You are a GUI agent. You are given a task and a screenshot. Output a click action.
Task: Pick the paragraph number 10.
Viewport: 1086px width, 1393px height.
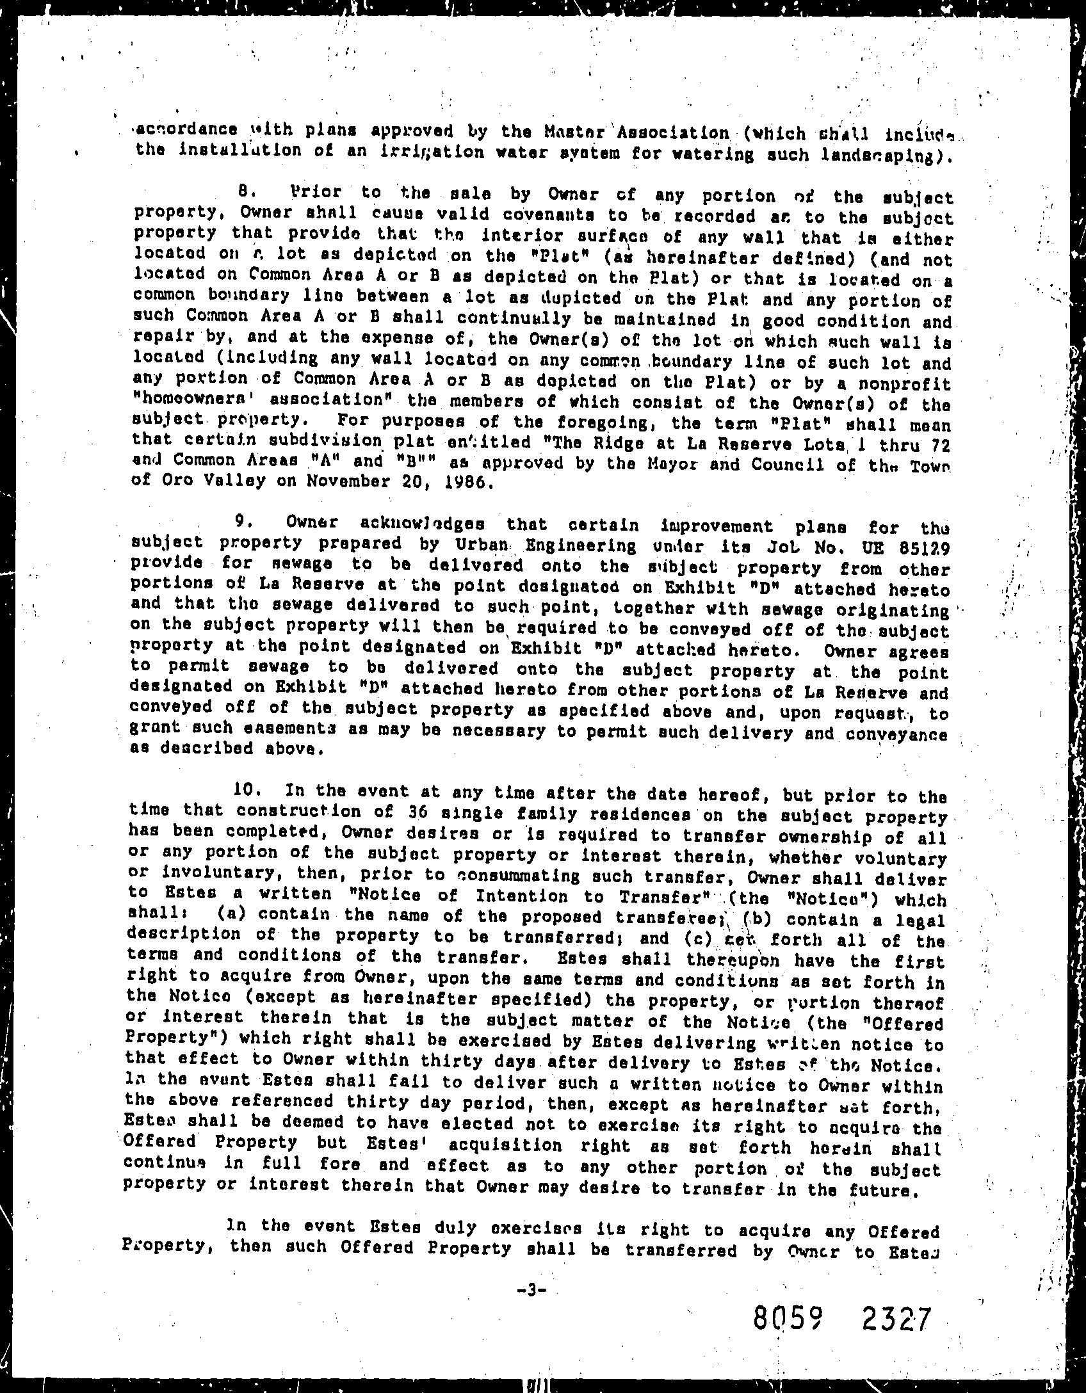tap(247, 790)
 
